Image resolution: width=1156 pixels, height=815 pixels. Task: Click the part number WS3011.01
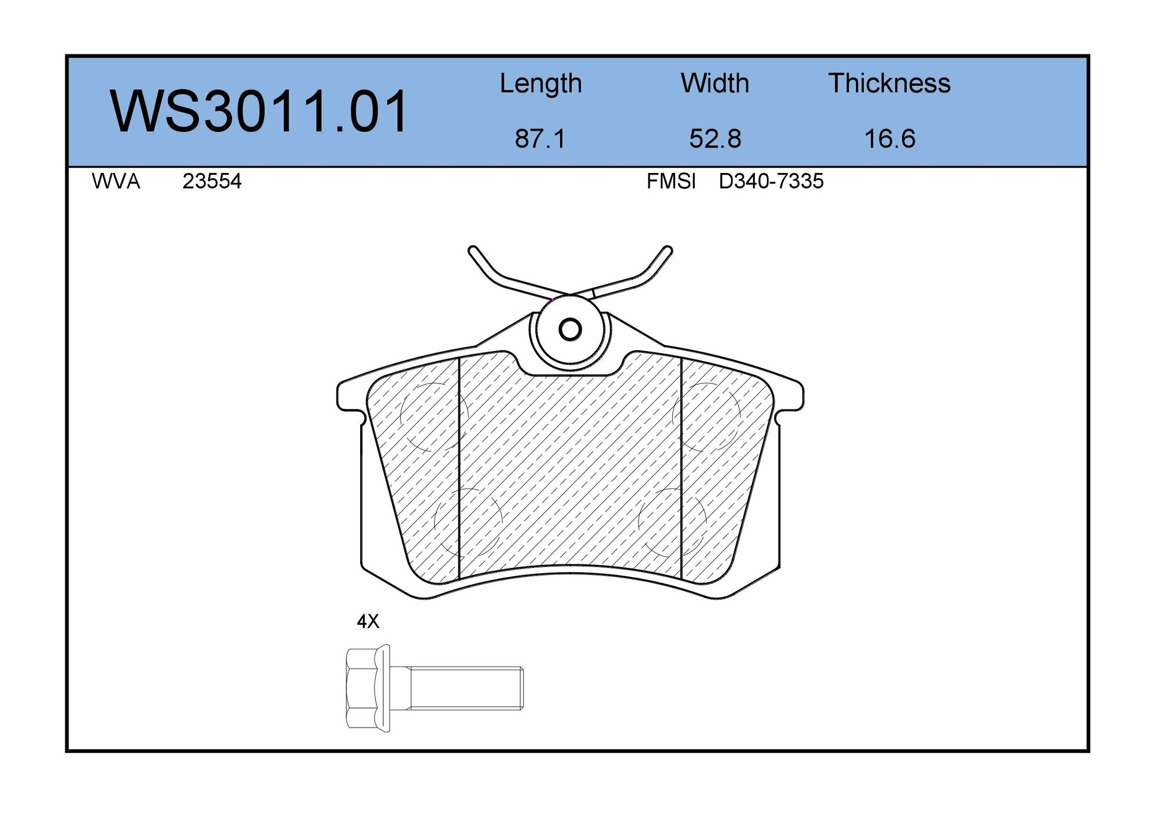[x=260, y=111]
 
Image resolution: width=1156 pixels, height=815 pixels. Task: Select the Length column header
[x=540, y=83]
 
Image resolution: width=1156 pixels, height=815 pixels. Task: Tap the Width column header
[x=715, y=83]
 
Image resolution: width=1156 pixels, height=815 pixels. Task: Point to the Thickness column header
[x=890, y=83]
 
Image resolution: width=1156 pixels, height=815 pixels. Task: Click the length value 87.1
[x=540, y=139]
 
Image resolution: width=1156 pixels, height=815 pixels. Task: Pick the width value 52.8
[x=715, y=139]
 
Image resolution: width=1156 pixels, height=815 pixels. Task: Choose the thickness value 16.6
[x=890, y=139]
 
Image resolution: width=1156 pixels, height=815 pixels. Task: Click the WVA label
[x=116, y=182]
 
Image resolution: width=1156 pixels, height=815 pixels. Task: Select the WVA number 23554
[x=212, y=182]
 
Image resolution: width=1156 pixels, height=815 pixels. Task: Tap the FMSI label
[x=671, y=182]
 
